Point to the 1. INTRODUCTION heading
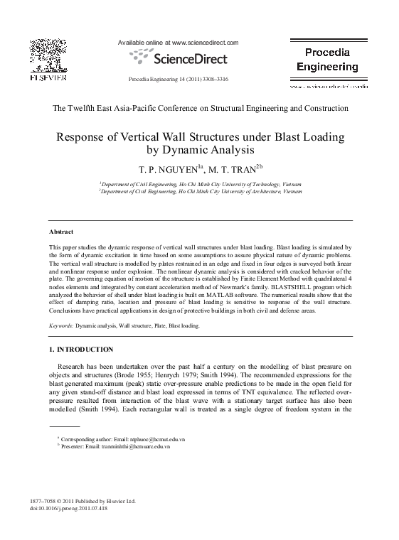point(80,349)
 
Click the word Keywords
point(63,325)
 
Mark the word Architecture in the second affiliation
point(265,191)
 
